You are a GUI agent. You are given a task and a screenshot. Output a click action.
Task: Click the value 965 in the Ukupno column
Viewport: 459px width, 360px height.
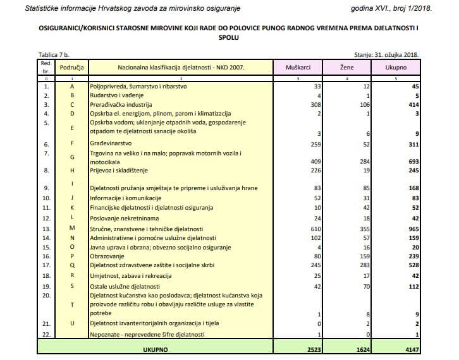(x=414, y=228)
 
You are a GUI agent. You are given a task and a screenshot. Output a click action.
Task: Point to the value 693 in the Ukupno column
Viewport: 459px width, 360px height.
(x=414, y=161)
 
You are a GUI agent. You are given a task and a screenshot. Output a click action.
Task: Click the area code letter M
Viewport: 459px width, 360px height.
(x=71, y=228)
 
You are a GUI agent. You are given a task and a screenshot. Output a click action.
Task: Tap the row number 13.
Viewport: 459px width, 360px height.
(x=46, y=228)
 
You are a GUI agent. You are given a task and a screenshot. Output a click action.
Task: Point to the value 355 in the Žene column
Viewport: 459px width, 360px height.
(x=365, y=228)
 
